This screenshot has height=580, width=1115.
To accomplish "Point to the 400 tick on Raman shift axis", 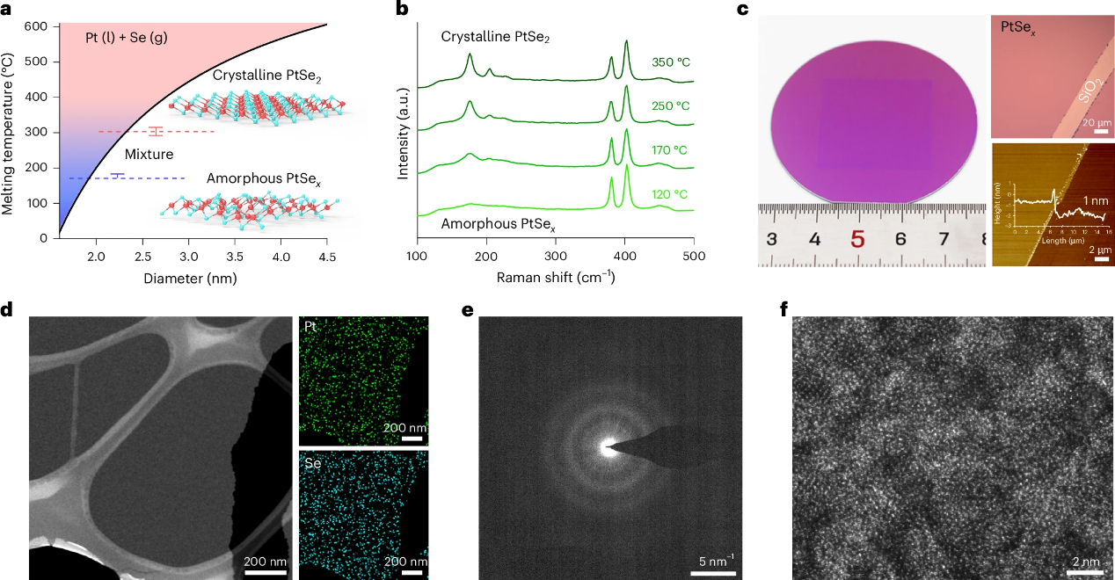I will [x=624, y=255].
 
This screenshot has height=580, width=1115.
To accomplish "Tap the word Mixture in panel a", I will [x=149, y=154].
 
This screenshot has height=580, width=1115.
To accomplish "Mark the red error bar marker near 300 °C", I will [x=156, y=132].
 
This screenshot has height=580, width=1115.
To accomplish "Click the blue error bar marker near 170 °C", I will [x=118, y=177].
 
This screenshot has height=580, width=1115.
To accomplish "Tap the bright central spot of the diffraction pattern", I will [x=607, y=447].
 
